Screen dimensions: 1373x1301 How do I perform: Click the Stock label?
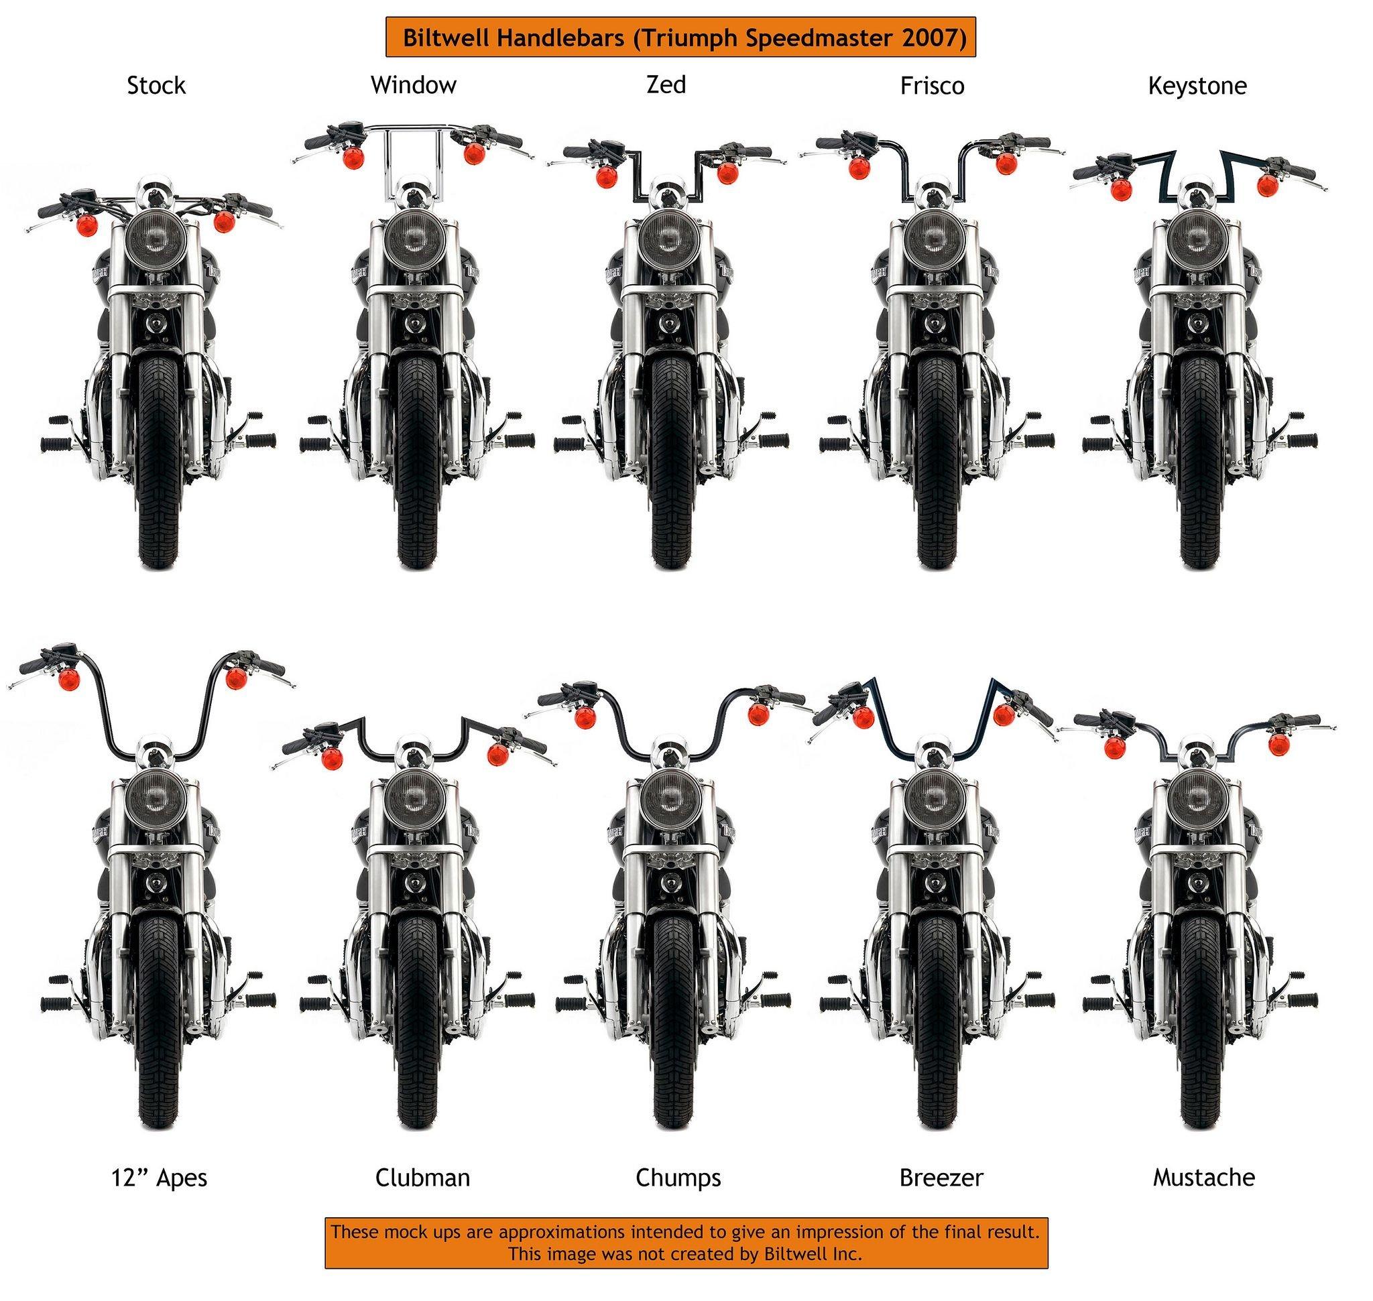(156, 86)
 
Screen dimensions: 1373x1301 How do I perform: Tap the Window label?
(414, 85)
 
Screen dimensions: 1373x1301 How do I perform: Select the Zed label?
(666, 84)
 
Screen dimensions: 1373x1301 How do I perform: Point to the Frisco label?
(932, 86)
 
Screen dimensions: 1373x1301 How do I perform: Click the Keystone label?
(1197, 86)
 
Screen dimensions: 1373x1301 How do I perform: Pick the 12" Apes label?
(160, 1178)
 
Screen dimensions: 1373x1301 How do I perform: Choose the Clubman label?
(422, 1178)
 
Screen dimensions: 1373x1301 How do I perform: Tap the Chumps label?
(678, 1178)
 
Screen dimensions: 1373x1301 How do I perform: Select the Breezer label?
(941, 1178)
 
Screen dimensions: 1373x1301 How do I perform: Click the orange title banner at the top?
(680, 37)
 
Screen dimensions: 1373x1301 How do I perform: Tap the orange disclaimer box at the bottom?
(686, 1242)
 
